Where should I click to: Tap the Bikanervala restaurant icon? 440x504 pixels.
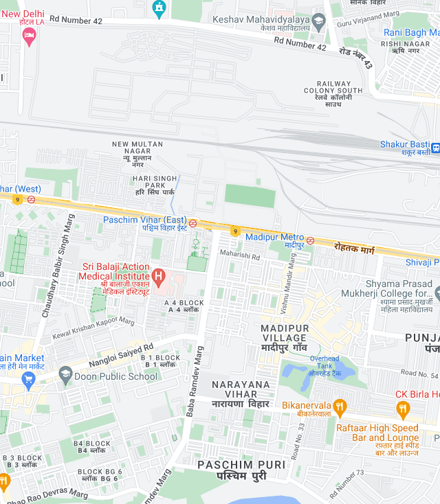tap(338, 406)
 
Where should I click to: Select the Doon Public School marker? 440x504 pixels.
tap(66, 375)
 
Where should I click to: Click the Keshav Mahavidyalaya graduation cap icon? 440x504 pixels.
tap(318, 22)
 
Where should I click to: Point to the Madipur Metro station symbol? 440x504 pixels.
tap(311, 240)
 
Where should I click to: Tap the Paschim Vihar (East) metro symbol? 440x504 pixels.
tap(193, 223)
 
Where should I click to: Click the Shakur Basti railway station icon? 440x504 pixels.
tap(434, 147)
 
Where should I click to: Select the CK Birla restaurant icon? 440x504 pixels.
tap(403, 410)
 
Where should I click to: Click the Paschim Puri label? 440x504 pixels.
tap(241, 470)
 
